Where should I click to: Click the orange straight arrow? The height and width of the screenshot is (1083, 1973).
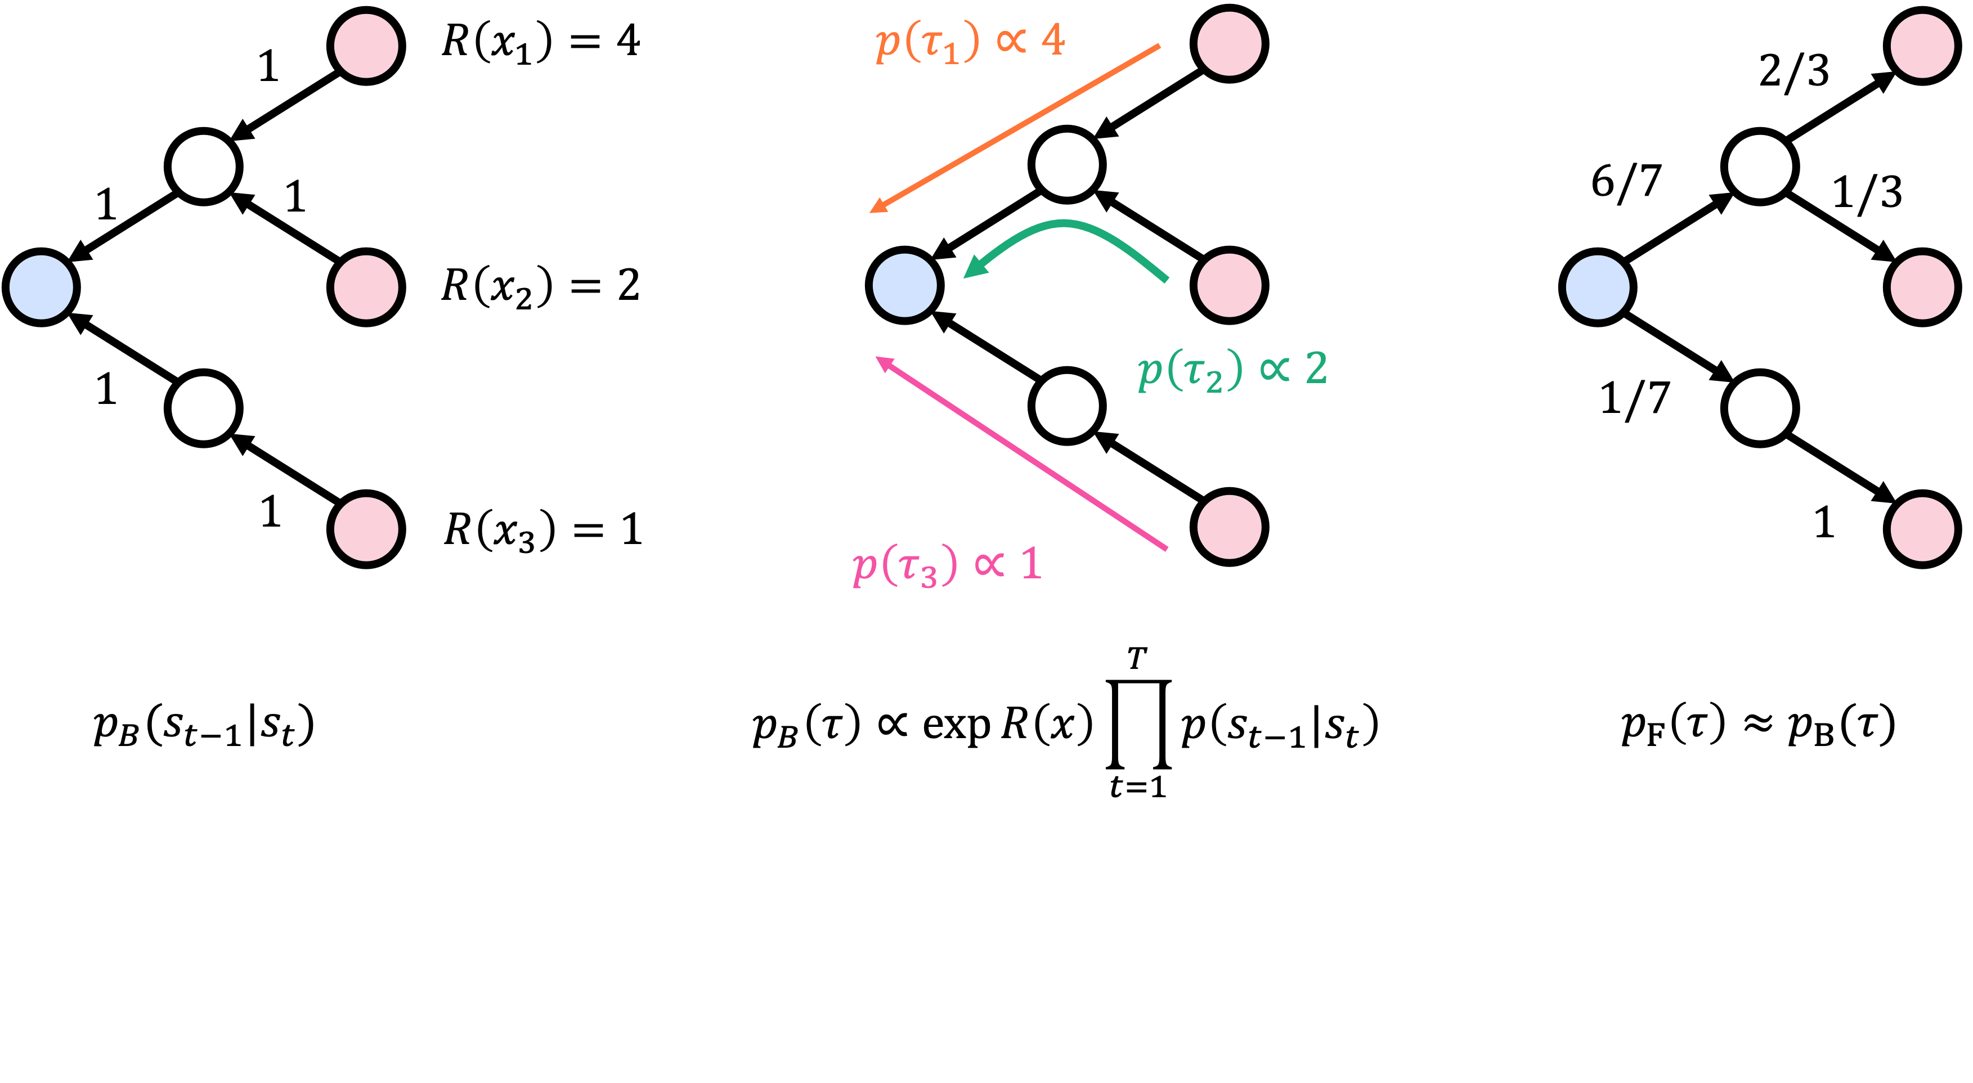tap(1019, 127)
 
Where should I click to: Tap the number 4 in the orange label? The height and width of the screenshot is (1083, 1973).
tap(1053, 40)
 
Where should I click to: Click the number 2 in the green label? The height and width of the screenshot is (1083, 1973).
tap(1315, 369)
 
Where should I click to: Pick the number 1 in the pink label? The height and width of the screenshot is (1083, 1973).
tap(1031, 564)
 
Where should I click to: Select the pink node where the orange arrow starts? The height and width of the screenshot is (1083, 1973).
tap(1229, 44)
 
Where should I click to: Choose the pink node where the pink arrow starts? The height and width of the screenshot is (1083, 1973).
tap(1229, 527)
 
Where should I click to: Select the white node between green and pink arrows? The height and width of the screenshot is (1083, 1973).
tap(1067, 406)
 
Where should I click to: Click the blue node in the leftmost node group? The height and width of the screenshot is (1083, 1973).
tap(41, 287)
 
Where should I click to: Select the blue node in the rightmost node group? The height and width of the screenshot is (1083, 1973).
tap(1598, 287)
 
